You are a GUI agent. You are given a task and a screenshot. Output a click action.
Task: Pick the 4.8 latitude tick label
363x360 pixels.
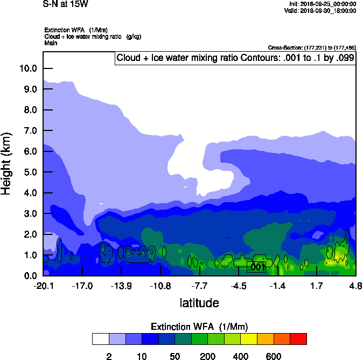355,285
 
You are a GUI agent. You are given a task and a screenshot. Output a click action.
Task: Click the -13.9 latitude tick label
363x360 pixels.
121,285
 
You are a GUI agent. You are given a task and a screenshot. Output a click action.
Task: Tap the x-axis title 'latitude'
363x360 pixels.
199,303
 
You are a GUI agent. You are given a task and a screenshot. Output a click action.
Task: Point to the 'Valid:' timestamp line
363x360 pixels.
322,10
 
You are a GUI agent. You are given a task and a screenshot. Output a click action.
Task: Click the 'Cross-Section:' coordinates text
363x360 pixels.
311,48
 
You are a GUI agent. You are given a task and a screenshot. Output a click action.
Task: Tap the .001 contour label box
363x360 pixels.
256,267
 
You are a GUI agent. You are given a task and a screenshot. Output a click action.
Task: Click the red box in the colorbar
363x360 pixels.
298,339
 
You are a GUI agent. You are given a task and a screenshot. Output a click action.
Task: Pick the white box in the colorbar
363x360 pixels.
100,339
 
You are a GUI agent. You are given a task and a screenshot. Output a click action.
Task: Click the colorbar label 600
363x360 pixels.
274,356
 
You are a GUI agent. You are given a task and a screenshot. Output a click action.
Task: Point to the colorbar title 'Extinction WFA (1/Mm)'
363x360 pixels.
199,327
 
